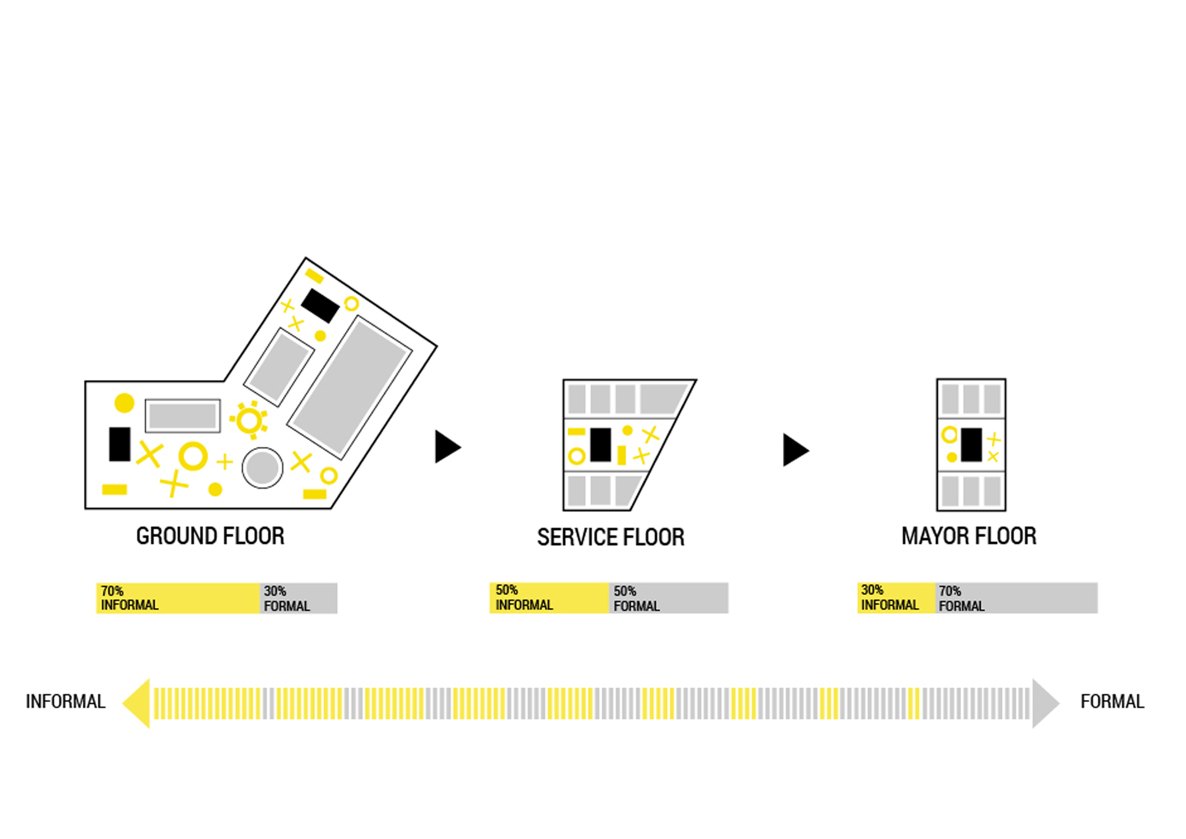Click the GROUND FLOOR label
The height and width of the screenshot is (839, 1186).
(210, 536)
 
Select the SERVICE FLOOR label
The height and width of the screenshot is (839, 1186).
(611, 537)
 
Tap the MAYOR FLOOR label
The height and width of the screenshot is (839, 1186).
(968, 536)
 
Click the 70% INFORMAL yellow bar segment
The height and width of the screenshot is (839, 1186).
(178, 598)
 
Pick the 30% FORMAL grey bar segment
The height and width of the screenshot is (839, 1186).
(298, 598)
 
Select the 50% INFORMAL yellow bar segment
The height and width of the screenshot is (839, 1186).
(549, 598)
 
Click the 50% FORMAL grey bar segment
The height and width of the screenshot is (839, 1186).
(669, 598)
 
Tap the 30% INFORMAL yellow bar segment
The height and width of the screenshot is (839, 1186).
(896, 598)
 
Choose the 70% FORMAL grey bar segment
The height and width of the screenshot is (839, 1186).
(1017, 598)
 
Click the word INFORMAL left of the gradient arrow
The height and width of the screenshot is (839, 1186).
(66, 702)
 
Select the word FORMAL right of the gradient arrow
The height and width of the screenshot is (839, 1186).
(1112, 702)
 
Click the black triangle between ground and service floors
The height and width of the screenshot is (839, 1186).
(446, 447)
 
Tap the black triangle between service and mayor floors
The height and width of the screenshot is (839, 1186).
(794, 450)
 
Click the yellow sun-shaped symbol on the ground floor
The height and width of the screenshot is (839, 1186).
(250, 420)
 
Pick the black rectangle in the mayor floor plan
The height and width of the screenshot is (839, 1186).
(971, 445)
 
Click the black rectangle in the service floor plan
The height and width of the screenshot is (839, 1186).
(601, 445)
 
